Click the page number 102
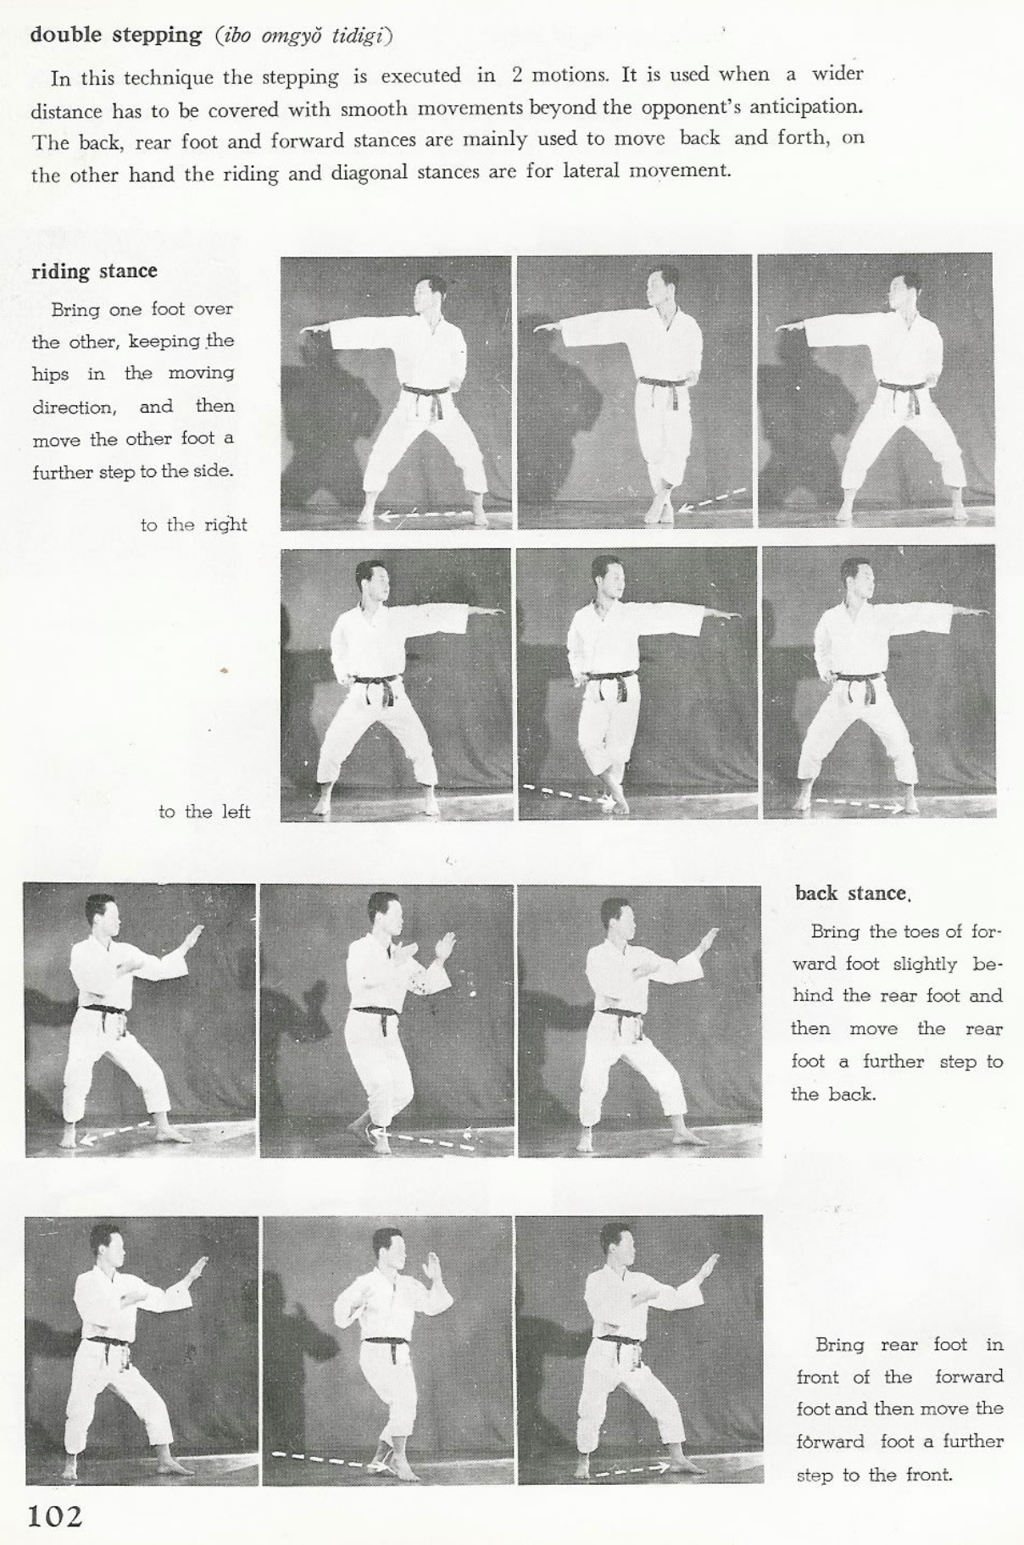click(55, 1515)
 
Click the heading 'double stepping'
click(115, 36)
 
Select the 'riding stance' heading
click(94, 271)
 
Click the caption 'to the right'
click(193, 525)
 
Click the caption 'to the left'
click(204, 812)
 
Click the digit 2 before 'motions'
click(517, 75)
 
